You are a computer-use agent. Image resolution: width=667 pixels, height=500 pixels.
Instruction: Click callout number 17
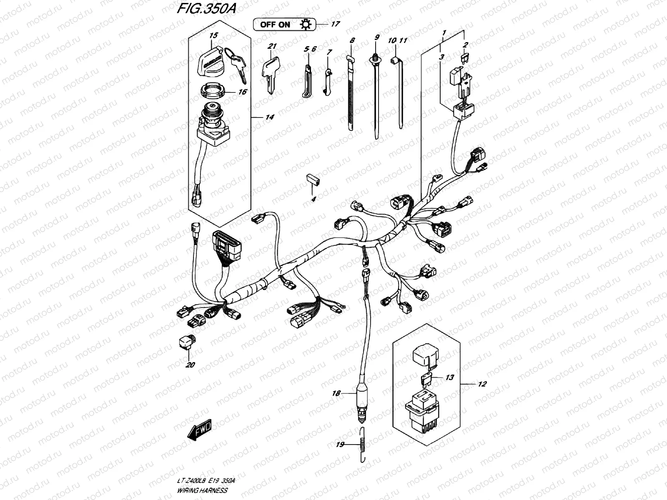(x=335, y=24)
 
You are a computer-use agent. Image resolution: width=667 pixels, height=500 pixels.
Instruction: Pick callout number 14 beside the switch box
(x=270, y=117)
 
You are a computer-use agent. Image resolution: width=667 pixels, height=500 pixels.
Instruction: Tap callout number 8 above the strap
(x=352, y=41)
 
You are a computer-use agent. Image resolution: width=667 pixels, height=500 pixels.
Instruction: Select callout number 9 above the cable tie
(x=377, y=37)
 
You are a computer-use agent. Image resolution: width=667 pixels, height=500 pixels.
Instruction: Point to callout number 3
(x=441, y=57)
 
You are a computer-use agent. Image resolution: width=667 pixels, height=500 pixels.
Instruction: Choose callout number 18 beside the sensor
(x=336, y=393)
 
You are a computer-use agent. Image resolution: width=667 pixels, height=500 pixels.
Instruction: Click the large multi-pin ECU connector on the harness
(x=226, y=247)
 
